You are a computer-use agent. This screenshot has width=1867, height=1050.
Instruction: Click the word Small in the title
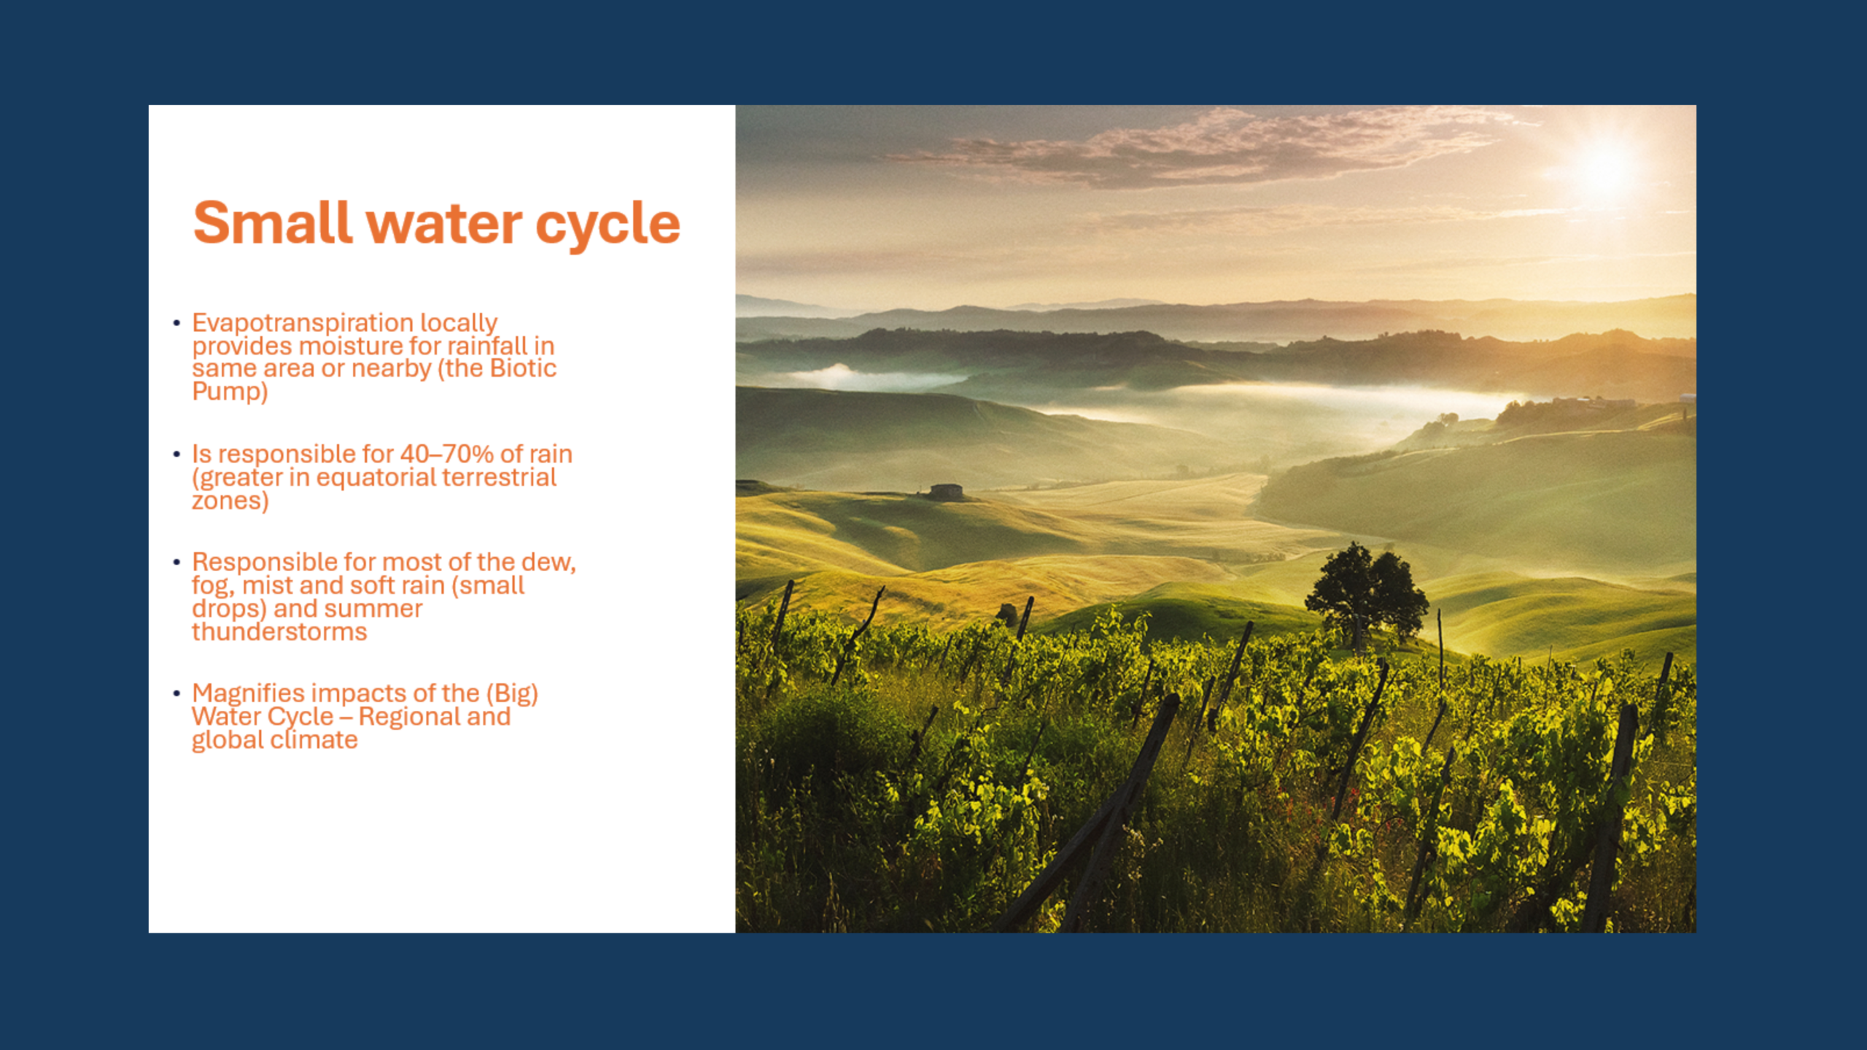pos(273,223)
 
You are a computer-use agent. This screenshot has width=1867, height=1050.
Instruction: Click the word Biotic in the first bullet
pos(523,368)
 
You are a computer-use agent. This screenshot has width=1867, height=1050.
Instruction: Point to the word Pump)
pos(230,392)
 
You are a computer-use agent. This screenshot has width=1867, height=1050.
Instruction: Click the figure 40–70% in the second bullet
pos(446,454)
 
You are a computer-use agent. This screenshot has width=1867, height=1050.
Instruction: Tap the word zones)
pos(230,501)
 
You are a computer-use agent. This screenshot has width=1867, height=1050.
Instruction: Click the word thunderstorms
pos(279,631)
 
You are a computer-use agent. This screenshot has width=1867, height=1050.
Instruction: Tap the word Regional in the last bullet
pos(409,717)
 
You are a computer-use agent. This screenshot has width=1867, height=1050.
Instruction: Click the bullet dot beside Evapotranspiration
pos(176,323)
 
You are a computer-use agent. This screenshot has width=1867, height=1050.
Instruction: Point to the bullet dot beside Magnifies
pos(176,693)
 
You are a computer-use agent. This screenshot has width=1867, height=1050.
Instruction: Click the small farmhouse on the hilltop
pos(946,492)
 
